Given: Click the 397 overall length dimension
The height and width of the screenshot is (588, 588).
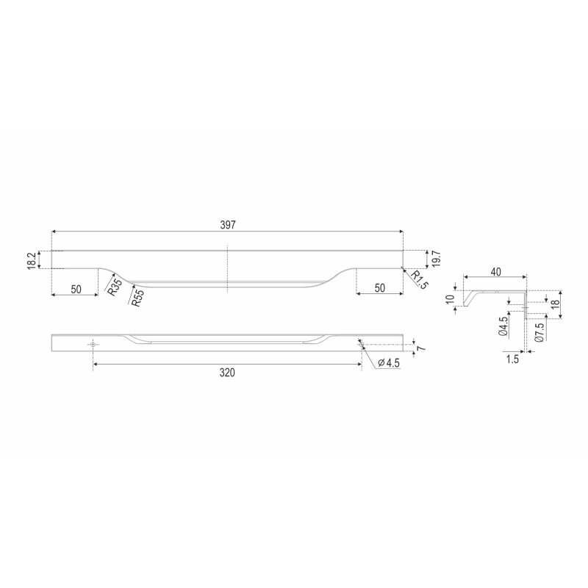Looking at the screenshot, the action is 228,225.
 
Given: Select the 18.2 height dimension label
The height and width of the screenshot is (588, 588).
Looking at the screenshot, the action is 32,260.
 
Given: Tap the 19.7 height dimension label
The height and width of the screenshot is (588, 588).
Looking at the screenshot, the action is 436,259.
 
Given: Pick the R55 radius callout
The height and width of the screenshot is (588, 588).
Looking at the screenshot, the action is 137,298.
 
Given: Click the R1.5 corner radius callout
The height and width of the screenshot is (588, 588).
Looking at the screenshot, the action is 419,280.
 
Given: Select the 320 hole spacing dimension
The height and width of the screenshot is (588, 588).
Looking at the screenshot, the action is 227,373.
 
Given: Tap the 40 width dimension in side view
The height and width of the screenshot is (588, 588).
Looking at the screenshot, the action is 495,272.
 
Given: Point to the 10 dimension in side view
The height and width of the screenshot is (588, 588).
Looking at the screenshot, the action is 451,299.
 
